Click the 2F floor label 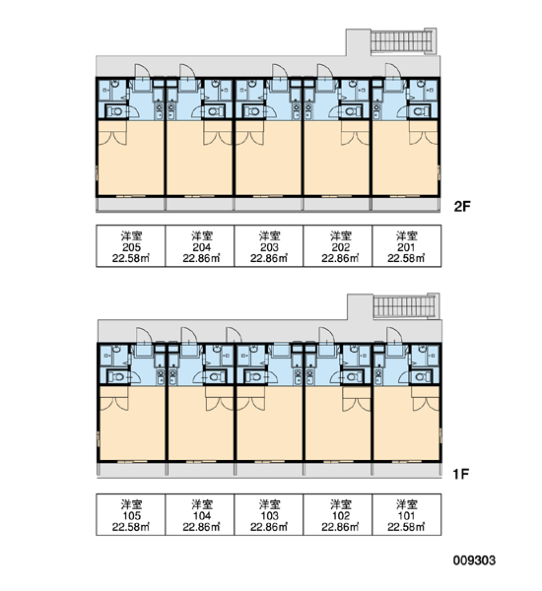pyautogui.click(x=462, y=207)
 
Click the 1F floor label pyautogui.click(x=461, y=474)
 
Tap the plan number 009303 pyautogui.click(x=474, y=560)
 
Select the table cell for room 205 pyautogui.click(x=131, y=246)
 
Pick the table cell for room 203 pyautogui.click(x=269, y=246)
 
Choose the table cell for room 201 pyautogui.click(x=407, y=246)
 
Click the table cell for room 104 pyautogui.click(x=200, y=514)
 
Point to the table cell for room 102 pyautogui.click(x=338, y=514)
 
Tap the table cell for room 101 pyautogui.click(x=407, y=514)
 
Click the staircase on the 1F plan pyautogui.click(x=405, y=306)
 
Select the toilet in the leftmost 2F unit pyautogui.click(x=116, y=111)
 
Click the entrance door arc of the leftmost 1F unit pyautogui.click(x=144, y=336)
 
